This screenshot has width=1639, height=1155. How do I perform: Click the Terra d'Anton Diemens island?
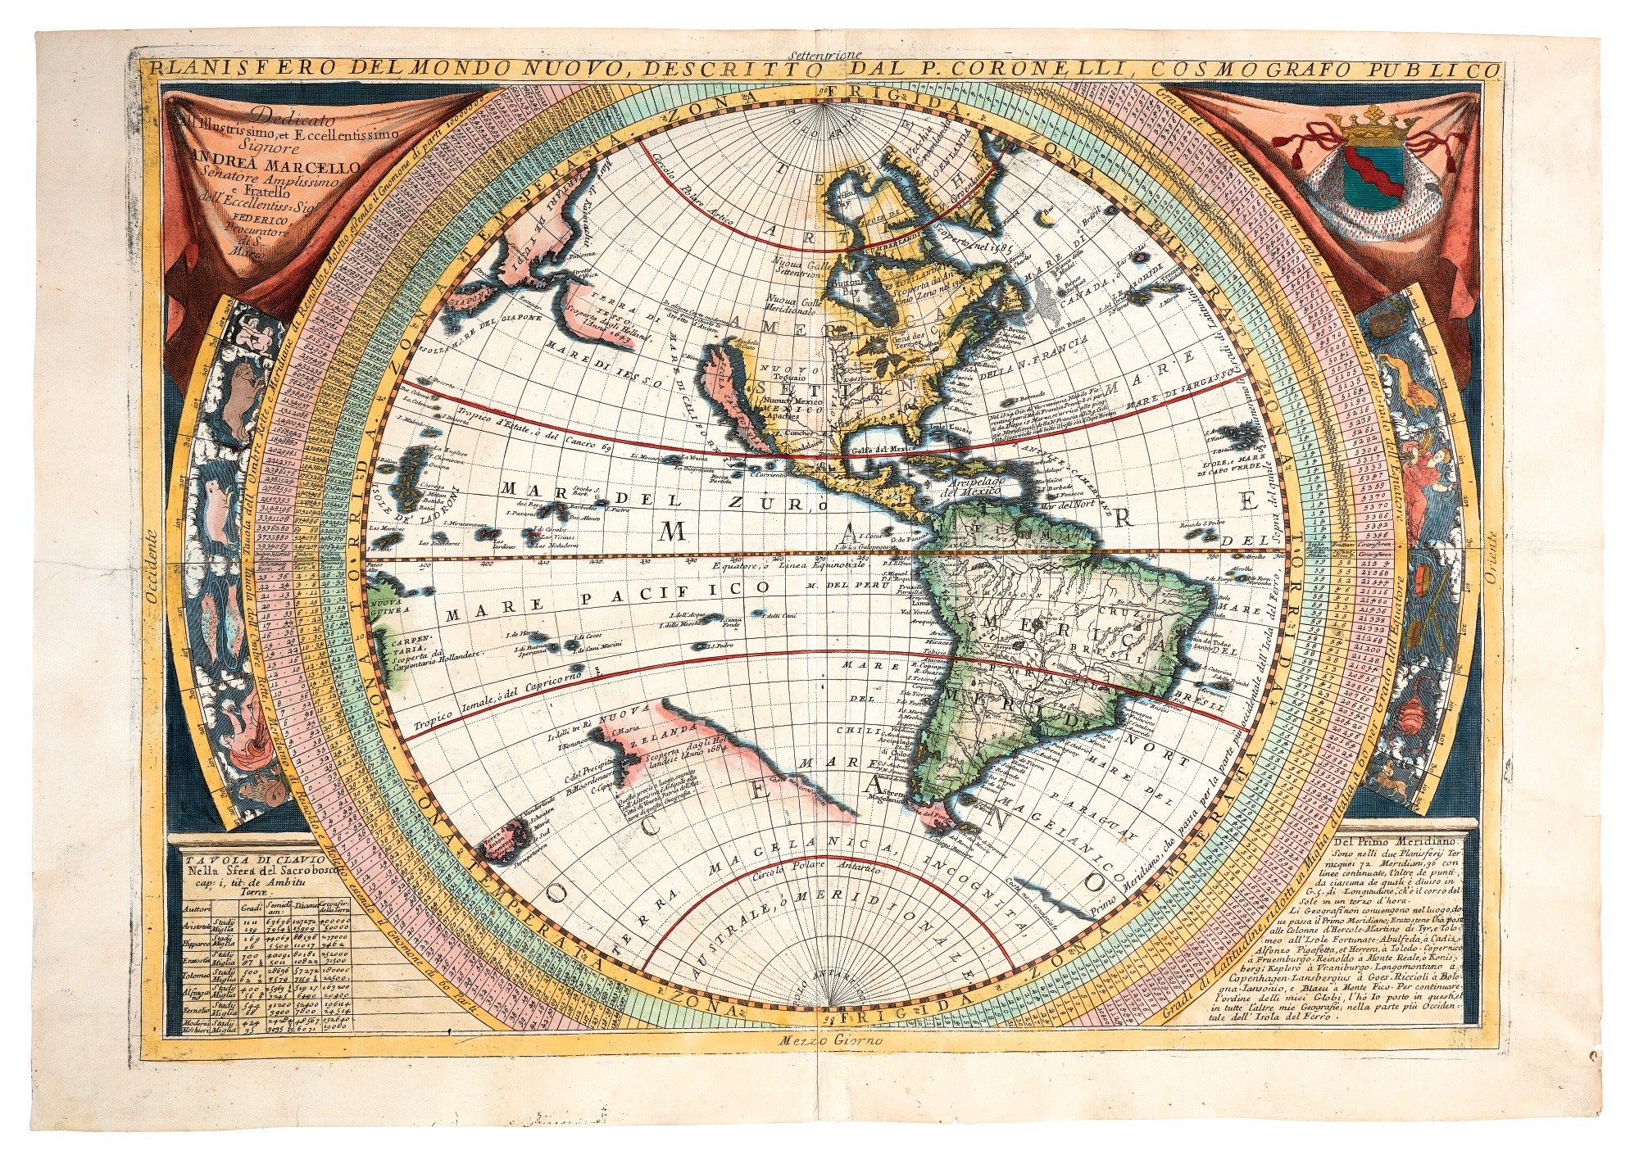click(x=500, y=840)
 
